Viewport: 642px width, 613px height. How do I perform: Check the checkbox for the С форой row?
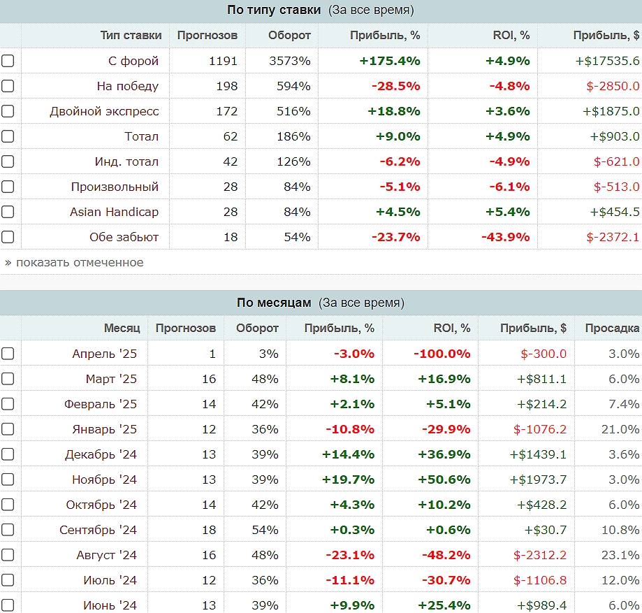coord(8,61)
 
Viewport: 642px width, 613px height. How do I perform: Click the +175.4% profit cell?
coord(390,61)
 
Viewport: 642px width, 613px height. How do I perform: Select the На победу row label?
coord(128,86)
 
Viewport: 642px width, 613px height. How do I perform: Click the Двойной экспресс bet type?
coord(104,111)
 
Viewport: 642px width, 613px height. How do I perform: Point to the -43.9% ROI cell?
coord(505,237)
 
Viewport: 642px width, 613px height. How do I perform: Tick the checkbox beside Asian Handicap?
coord(8,212)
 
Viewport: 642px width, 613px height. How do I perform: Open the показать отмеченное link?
coord(74,262)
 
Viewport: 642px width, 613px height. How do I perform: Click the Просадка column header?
coord(612,328)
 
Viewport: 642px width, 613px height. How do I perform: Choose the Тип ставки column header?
coord(131,35)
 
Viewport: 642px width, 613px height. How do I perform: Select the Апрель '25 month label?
coord(105,354)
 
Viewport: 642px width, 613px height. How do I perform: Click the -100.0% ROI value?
coord(442,354)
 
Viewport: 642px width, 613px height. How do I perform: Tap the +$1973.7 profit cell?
coord(538,479)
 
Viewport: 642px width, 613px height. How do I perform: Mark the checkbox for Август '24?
coord(8,555)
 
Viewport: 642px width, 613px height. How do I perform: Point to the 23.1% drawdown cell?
coord(620,555)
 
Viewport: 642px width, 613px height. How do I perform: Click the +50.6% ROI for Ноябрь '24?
coord(444,479)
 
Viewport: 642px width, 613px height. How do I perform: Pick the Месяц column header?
coord(122,328)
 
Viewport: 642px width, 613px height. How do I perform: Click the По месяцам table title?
coord(273,303)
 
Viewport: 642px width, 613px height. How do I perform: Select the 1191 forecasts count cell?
coord(223,61)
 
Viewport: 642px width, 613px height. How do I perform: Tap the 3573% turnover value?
coord(289,61)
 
